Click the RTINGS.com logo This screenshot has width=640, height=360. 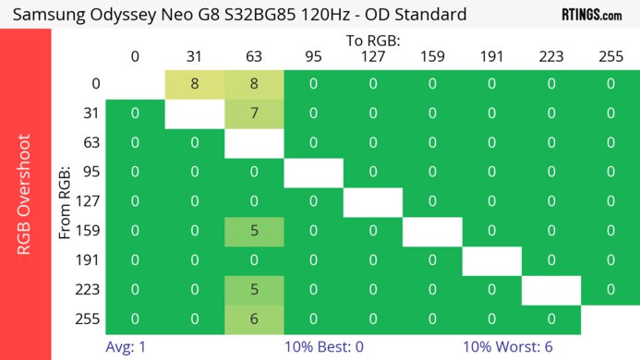coord(592,15)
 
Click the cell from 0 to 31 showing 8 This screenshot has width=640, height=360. coord(195,84)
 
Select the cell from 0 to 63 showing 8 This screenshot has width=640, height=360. coord(254,84)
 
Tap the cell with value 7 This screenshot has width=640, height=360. coord(254,114)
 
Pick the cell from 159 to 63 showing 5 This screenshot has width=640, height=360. coord(254,231)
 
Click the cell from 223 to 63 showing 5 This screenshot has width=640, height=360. coord(254,290)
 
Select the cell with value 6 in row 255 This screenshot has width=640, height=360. coord(254,318)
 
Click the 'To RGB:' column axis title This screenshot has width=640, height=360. coord(372,41)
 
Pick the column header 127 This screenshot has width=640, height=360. coord(373,56)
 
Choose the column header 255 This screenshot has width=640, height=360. coord(610,56)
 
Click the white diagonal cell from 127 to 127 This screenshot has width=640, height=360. coord(373,201)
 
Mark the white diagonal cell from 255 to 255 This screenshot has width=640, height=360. coord(610,318)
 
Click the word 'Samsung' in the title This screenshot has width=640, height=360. coord(53,15)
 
